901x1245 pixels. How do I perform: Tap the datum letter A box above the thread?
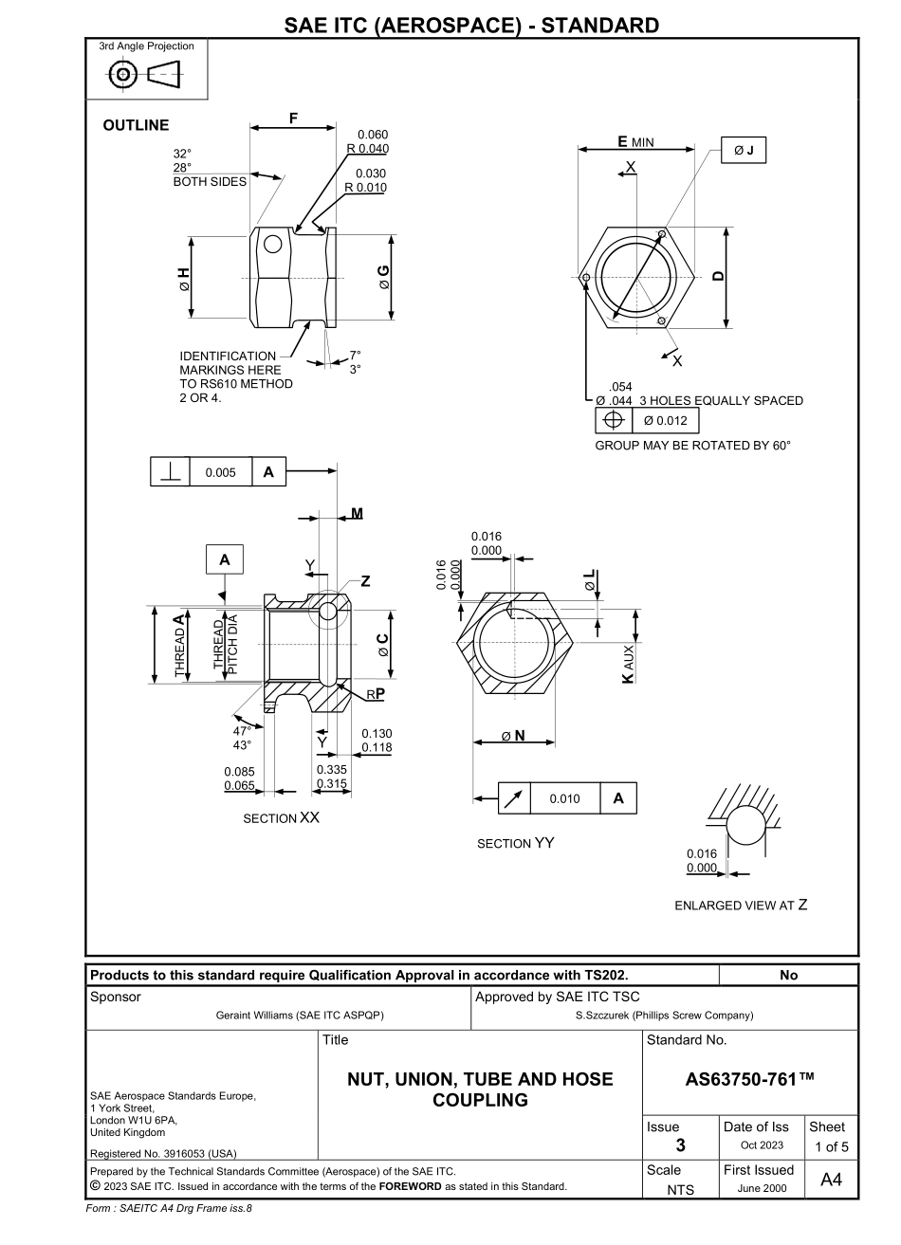point(225,560)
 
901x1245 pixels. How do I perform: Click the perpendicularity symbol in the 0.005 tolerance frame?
point(171,472)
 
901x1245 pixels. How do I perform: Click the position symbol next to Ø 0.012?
point(613,421)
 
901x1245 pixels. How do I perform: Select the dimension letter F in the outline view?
point(293,119)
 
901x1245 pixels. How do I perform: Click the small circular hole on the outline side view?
point(273,244)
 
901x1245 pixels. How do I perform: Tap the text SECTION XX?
point(281,818)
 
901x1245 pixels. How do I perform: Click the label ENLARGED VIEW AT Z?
point(741,905)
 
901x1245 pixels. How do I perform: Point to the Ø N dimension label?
point(515,735)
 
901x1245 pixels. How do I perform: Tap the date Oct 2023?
point(757,1145)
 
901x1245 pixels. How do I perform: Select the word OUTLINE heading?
point(136,125)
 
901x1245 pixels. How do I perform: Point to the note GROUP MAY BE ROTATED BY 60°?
point(692,445)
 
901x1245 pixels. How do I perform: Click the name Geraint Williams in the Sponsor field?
point(300,1016)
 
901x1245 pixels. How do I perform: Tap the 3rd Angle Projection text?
point(146,46)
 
